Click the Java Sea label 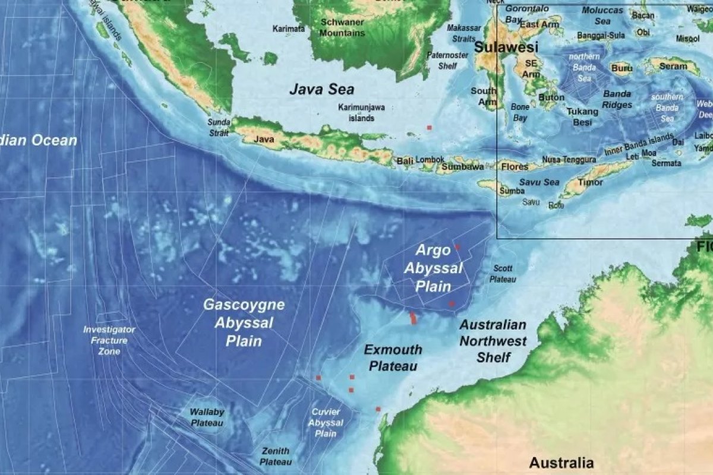click(321, 90)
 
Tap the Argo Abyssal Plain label click(433, 268)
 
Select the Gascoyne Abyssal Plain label click(244, 322)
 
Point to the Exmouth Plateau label click(393, 357)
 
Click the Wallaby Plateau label click(206, 417)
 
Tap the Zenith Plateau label click(276, 456)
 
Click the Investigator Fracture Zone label click(109, 340)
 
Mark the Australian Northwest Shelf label click(493, 341)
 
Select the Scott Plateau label click(503, 274)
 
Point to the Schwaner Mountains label click(342, 27)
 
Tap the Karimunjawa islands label click(361, 113)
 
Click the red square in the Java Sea click(430, 127)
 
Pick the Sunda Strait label click(218, 127)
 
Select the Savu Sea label click(539, 182)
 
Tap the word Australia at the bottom click(561, 463)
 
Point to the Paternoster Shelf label click(447, 61)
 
